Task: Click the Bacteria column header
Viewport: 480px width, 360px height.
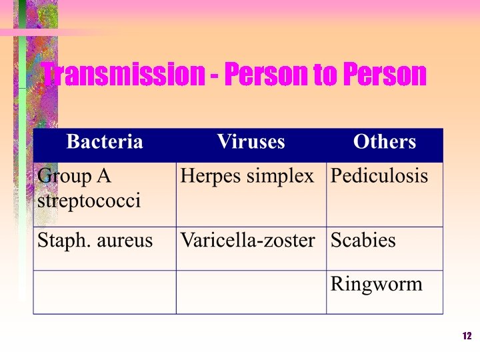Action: click(105, 142)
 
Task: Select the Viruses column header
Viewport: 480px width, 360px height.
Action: click(251, 142)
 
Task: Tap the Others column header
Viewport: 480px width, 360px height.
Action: click(384, 142)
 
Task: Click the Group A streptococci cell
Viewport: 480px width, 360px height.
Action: click(89, 189)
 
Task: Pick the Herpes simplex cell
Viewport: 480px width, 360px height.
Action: click(247, 177)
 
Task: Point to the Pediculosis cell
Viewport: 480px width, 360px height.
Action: click(379, 177)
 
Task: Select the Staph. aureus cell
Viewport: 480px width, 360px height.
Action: click(95, 240)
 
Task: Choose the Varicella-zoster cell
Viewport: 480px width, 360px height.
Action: click(247, 240)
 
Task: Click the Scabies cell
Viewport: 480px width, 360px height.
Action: click(363, 240)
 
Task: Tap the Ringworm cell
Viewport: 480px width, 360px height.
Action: click(376, 285)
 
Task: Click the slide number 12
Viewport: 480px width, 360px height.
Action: click(467, 336)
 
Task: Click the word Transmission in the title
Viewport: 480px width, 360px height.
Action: click(122, 75)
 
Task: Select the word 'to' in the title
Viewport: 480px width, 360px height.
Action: click(325, 75)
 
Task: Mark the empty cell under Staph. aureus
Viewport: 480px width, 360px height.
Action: click(105, 292)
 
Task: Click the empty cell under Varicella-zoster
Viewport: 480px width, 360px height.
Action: click(251, 292)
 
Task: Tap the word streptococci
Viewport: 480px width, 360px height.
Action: click(89, 201)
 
